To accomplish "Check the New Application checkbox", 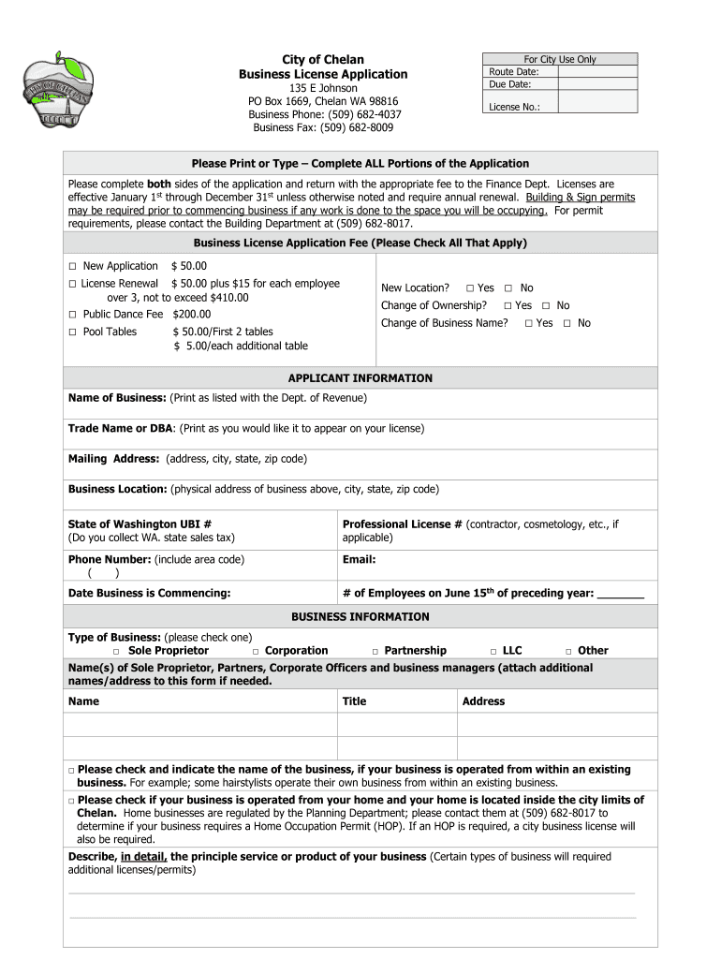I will [x=72, y=267].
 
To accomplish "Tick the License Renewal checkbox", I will [x=72, y=284].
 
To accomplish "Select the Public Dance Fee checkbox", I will [x=72, y=315].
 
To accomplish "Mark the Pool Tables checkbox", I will [x=72, y=332].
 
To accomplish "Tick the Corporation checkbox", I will [x=255, y=651].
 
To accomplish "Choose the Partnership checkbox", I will [x=375, y=651].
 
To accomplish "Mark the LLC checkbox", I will [x=493, y=651].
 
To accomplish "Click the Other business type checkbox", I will [x=567, y=651].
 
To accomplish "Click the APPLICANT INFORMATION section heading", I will [x=360, y=378].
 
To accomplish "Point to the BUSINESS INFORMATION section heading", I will [x=360, y=617].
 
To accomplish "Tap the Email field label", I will [x=359, y=560].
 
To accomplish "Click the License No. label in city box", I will [x=514, y=107].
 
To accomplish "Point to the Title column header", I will [x=354, y=701].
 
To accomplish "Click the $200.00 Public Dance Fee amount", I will [x=191, y=315].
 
